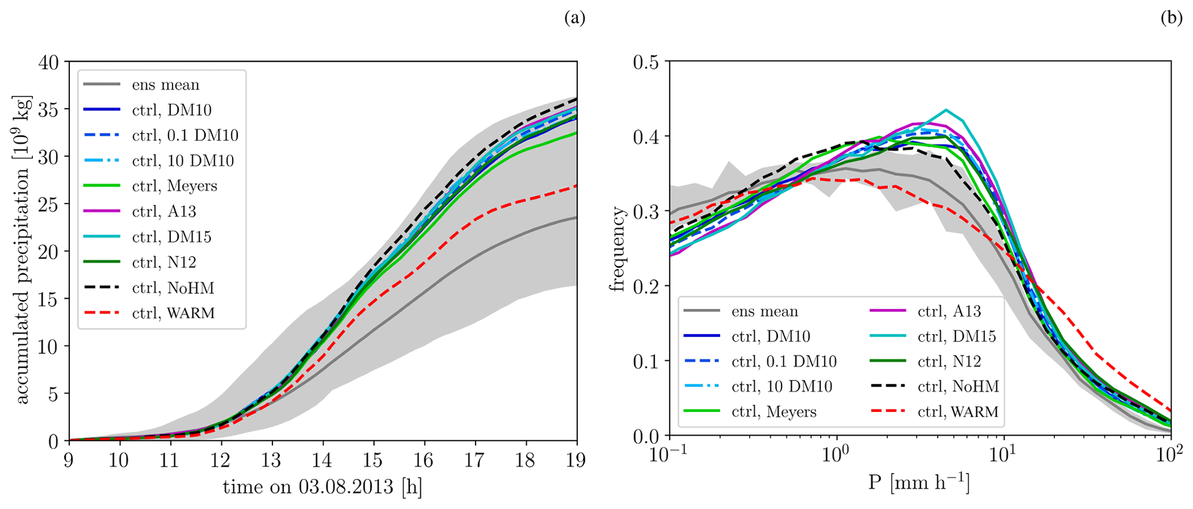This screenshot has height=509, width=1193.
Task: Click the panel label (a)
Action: point(574,18)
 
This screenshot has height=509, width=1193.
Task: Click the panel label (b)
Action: point(1171,18)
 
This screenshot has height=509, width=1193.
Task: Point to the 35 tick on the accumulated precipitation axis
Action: point(51,109)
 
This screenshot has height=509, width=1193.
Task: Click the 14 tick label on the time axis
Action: point(323,460)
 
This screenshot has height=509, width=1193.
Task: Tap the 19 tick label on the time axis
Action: point(577,460)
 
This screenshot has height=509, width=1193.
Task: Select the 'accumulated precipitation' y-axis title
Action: point(22,251)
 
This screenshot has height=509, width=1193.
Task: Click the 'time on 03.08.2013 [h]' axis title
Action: point(323,487)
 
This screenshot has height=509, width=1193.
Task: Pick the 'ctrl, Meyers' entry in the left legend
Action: point(174,186)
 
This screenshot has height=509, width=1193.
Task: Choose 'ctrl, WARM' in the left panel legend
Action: point(173,313)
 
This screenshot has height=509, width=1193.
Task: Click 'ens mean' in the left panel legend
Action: point(166,84)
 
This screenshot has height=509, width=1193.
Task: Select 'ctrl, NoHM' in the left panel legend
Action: point(173,288)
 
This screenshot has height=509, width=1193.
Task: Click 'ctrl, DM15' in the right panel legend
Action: point(956,336)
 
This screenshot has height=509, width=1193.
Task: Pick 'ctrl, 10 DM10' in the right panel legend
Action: point(781,387)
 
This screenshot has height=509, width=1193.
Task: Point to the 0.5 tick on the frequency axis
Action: point(646,62)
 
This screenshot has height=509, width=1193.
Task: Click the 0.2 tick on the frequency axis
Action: point(646,286)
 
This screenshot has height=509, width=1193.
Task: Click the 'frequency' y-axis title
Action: point(619,249)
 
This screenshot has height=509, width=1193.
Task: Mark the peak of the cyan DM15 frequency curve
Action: point(946,109)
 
